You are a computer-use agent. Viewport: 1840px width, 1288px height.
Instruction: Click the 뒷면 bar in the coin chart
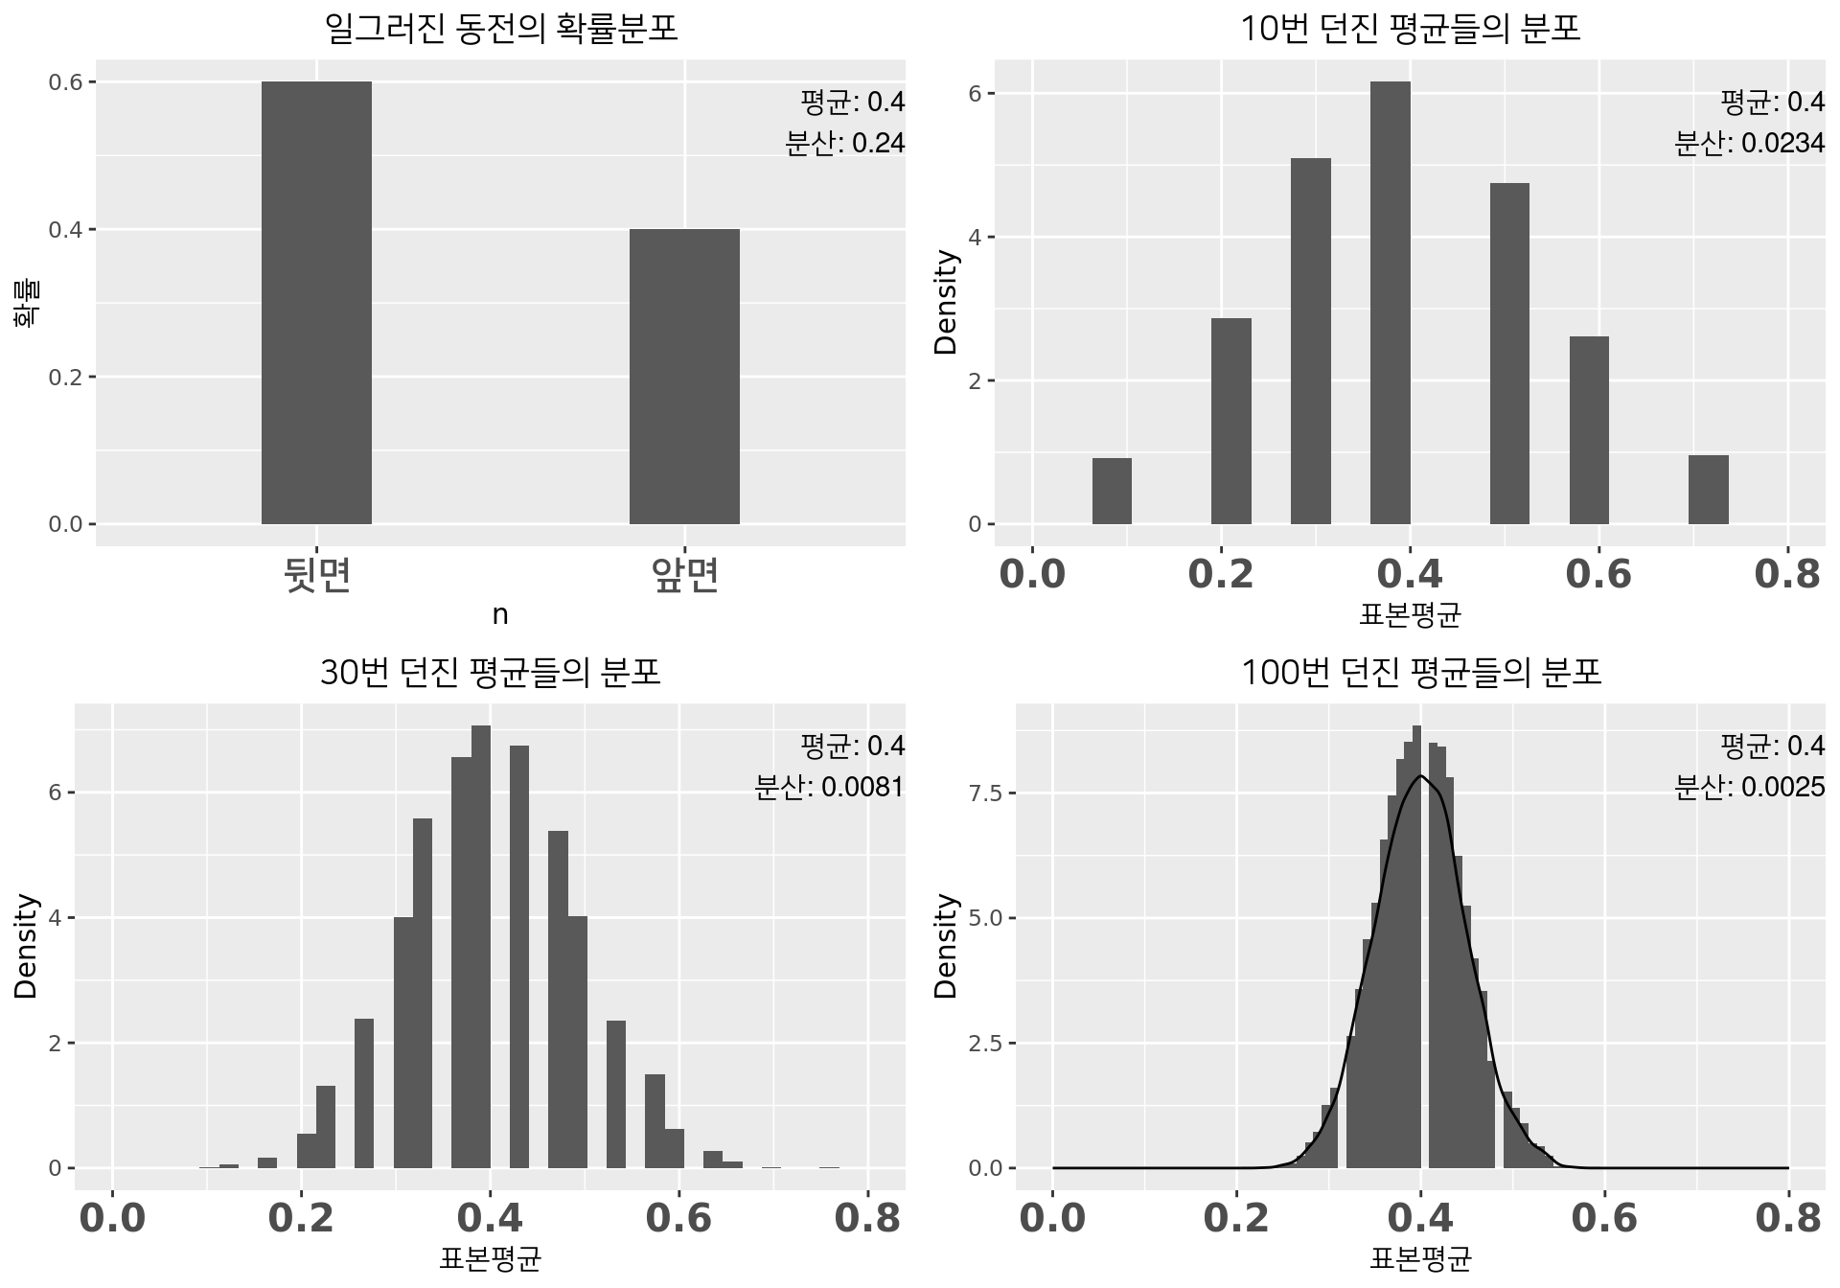pos(316,303)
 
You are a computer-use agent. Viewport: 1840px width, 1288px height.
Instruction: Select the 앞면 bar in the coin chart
pos(684,377)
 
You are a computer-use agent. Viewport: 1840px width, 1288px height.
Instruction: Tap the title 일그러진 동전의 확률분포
pos(501,29)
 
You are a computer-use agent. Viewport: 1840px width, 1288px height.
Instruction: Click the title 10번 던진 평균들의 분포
pos(1410,29)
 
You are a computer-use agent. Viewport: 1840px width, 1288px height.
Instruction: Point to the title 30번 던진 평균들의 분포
pos(490,673)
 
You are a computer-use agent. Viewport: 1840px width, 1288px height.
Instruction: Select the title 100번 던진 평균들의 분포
pos(1421,673)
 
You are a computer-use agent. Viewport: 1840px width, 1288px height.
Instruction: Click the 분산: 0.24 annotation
pos(844,144)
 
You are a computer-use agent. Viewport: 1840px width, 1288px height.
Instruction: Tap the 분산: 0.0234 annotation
pos(1749,144)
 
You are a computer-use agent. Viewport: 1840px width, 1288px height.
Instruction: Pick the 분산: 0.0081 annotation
pos(829,788)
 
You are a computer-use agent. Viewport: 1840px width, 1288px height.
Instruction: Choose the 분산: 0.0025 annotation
pos(1749,788)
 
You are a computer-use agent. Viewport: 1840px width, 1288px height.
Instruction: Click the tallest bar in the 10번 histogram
pos(1390,303)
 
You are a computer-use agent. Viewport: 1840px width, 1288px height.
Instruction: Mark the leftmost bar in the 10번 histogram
pos(1112,491)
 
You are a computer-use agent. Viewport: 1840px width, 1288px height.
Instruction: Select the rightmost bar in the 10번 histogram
pos(1708,490)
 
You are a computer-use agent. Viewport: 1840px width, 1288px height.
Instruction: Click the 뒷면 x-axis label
pos(317,575)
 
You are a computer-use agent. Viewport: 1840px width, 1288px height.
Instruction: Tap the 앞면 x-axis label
pos(684,575)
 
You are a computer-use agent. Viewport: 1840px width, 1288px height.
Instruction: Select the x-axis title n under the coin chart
pos(499,615)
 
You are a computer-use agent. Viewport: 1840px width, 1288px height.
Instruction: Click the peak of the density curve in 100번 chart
pos(1420,775)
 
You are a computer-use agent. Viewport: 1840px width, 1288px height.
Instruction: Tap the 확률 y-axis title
pos(26,303)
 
